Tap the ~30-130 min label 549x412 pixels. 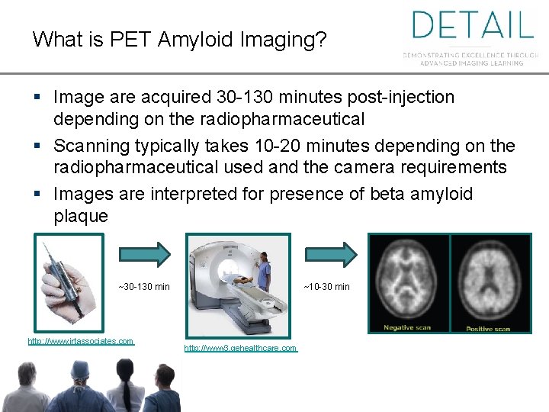tap(144, 287)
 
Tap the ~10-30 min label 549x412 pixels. tap(326, 287)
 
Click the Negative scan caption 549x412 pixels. tap(406, 327)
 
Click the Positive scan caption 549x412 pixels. tap(488, 328)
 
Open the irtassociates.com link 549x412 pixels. tap(80, 341)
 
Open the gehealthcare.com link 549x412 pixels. tap(240, 348)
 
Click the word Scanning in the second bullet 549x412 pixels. tap(91, 146)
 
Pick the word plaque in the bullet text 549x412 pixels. tap(81, 216)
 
